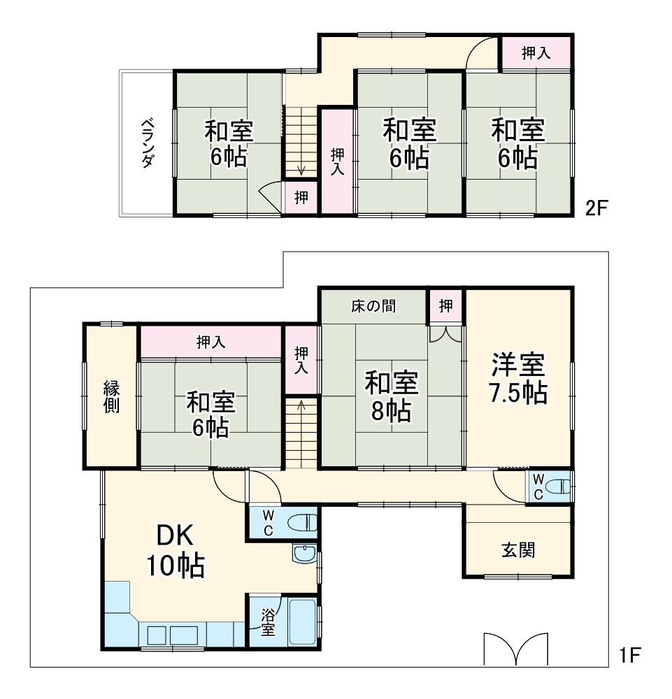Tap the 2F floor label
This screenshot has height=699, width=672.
coord(599,208)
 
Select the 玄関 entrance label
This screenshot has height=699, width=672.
coord(518,550)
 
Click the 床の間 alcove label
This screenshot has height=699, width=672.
coord(373,306)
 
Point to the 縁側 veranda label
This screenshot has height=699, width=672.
coord(111,397)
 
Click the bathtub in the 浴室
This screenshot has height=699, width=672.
coord(303,623)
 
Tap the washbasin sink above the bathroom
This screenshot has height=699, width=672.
coord(304,555)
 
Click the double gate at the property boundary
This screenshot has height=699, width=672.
coord(515,649)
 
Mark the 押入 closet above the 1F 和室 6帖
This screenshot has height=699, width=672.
coord(210,342)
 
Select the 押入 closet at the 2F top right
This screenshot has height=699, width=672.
coord(536,53)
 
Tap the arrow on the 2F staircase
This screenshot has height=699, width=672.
coord(301,171)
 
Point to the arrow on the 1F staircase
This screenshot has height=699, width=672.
coord(301,405)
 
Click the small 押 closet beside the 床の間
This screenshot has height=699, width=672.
coord(446,305)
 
